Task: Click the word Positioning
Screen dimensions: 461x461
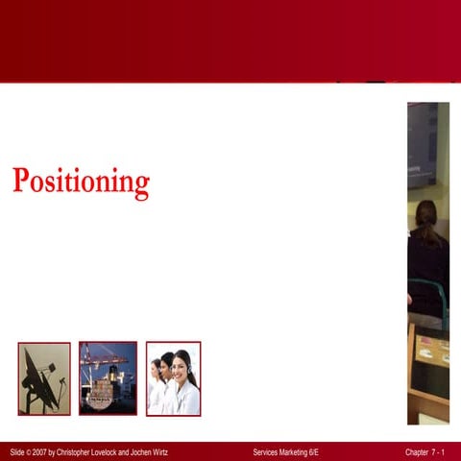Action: [81, 182]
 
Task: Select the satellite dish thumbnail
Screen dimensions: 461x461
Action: [44, 378]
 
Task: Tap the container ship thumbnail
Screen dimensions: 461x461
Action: [108, 378]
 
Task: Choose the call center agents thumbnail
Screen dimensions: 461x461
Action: [173, 378]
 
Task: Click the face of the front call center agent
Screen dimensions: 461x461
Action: [182, 367]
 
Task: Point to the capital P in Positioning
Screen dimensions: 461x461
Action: [21, 181]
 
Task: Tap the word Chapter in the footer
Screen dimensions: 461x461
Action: [420, 451]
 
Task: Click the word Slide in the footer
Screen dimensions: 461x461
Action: [19, 451]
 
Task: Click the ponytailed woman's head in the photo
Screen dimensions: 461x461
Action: [425, 216]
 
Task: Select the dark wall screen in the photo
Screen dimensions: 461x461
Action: [422, 144]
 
